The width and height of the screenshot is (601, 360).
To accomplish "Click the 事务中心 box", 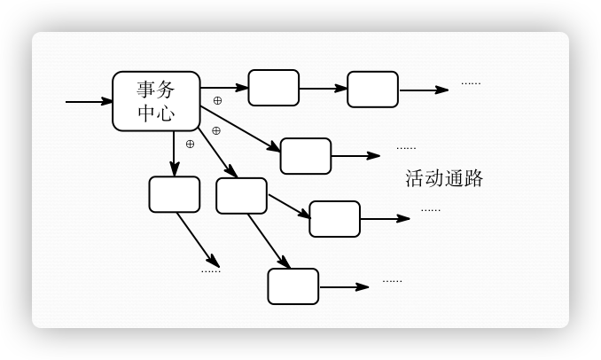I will click(156, 101).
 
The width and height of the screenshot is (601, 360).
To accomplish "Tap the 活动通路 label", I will click(444, 178).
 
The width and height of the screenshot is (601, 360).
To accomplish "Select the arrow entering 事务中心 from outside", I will click(89, 102).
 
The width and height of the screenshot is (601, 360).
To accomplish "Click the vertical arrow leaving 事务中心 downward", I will click(175, 153).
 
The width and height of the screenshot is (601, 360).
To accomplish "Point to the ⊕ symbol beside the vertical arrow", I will click(190, 144).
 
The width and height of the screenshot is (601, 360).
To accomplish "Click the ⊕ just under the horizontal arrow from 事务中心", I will click(217, 100).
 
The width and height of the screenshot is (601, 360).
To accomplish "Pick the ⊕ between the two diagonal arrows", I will click(215, 130).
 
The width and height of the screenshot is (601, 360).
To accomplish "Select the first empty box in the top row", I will click(273, 88).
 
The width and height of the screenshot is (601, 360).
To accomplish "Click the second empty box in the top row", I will click(372, 90).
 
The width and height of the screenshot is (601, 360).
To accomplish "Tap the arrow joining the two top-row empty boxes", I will click(323, 89).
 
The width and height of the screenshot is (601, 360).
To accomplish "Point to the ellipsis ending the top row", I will click(471, 83).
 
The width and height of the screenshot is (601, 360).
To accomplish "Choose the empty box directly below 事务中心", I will click(174, 194).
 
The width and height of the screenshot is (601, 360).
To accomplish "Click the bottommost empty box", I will click(293, 286).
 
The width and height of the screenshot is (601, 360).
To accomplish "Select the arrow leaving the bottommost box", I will click(343, 286).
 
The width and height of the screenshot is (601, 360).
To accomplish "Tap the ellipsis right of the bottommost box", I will click(392, 280).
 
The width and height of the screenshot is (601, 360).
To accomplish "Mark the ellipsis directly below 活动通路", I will click(430, 209).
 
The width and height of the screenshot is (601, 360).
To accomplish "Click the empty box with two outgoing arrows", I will click(241, 196).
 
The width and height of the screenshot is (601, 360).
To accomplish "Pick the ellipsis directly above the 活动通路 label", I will click(406, 147).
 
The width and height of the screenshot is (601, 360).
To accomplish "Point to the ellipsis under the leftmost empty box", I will click(210, 270).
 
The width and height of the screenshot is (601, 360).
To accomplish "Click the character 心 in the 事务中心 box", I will click(165, 113).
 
